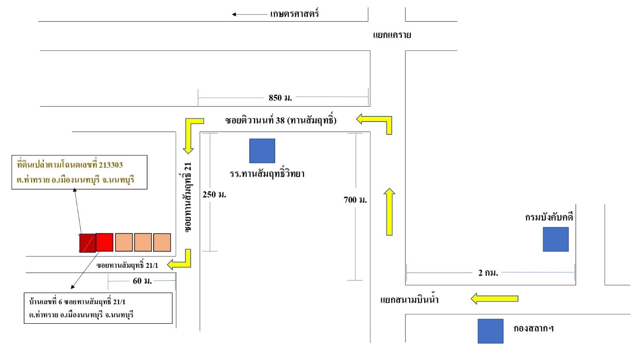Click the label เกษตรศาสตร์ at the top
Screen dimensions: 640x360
coord(294,13)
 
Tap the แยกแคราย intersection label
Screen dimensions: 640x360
coord(392,35)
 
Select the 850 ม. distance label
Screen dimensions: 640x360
coord(280,98)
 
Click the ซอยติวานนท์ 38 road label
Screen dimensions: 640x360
coord(281,120)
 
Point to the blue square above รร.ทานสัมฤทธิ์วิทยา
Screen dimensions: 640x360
coord(262,151)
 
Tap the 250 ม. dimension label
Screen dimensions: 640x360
coord(214,195)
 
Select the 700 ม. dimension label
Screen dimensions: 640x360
coord(355,200)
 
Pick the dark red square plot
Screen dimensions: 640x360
coord(87,243)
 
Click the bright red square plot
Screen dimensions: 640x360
coord(105,242)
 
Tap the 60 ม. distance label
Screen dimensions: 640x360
coord(142,281)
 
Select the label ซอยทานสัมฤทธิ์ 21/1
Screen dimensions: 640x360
coord(127,265)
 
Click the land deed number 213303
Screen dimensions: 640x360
coord(111,165)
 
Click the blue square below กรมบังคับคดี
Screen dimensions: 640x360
coord(556,239)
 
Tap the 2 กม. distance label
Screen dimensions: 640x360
coord(488,273)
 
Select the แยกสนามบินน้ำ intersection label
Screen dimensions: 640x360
coord(409,299)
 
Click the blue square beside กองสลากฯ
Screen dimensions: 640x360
coord(491,331)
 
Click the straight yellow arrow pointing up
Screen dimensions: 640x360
coord(390,212)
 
